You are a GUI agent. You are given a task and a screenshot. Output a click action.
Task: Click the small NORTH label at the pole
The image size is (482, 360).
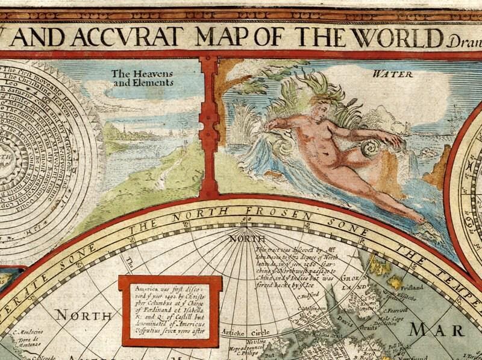tap(243, 238)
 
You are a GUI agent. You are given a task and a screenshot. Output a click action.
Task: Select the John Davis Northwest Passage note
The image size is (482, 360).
tap(293, 270)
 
